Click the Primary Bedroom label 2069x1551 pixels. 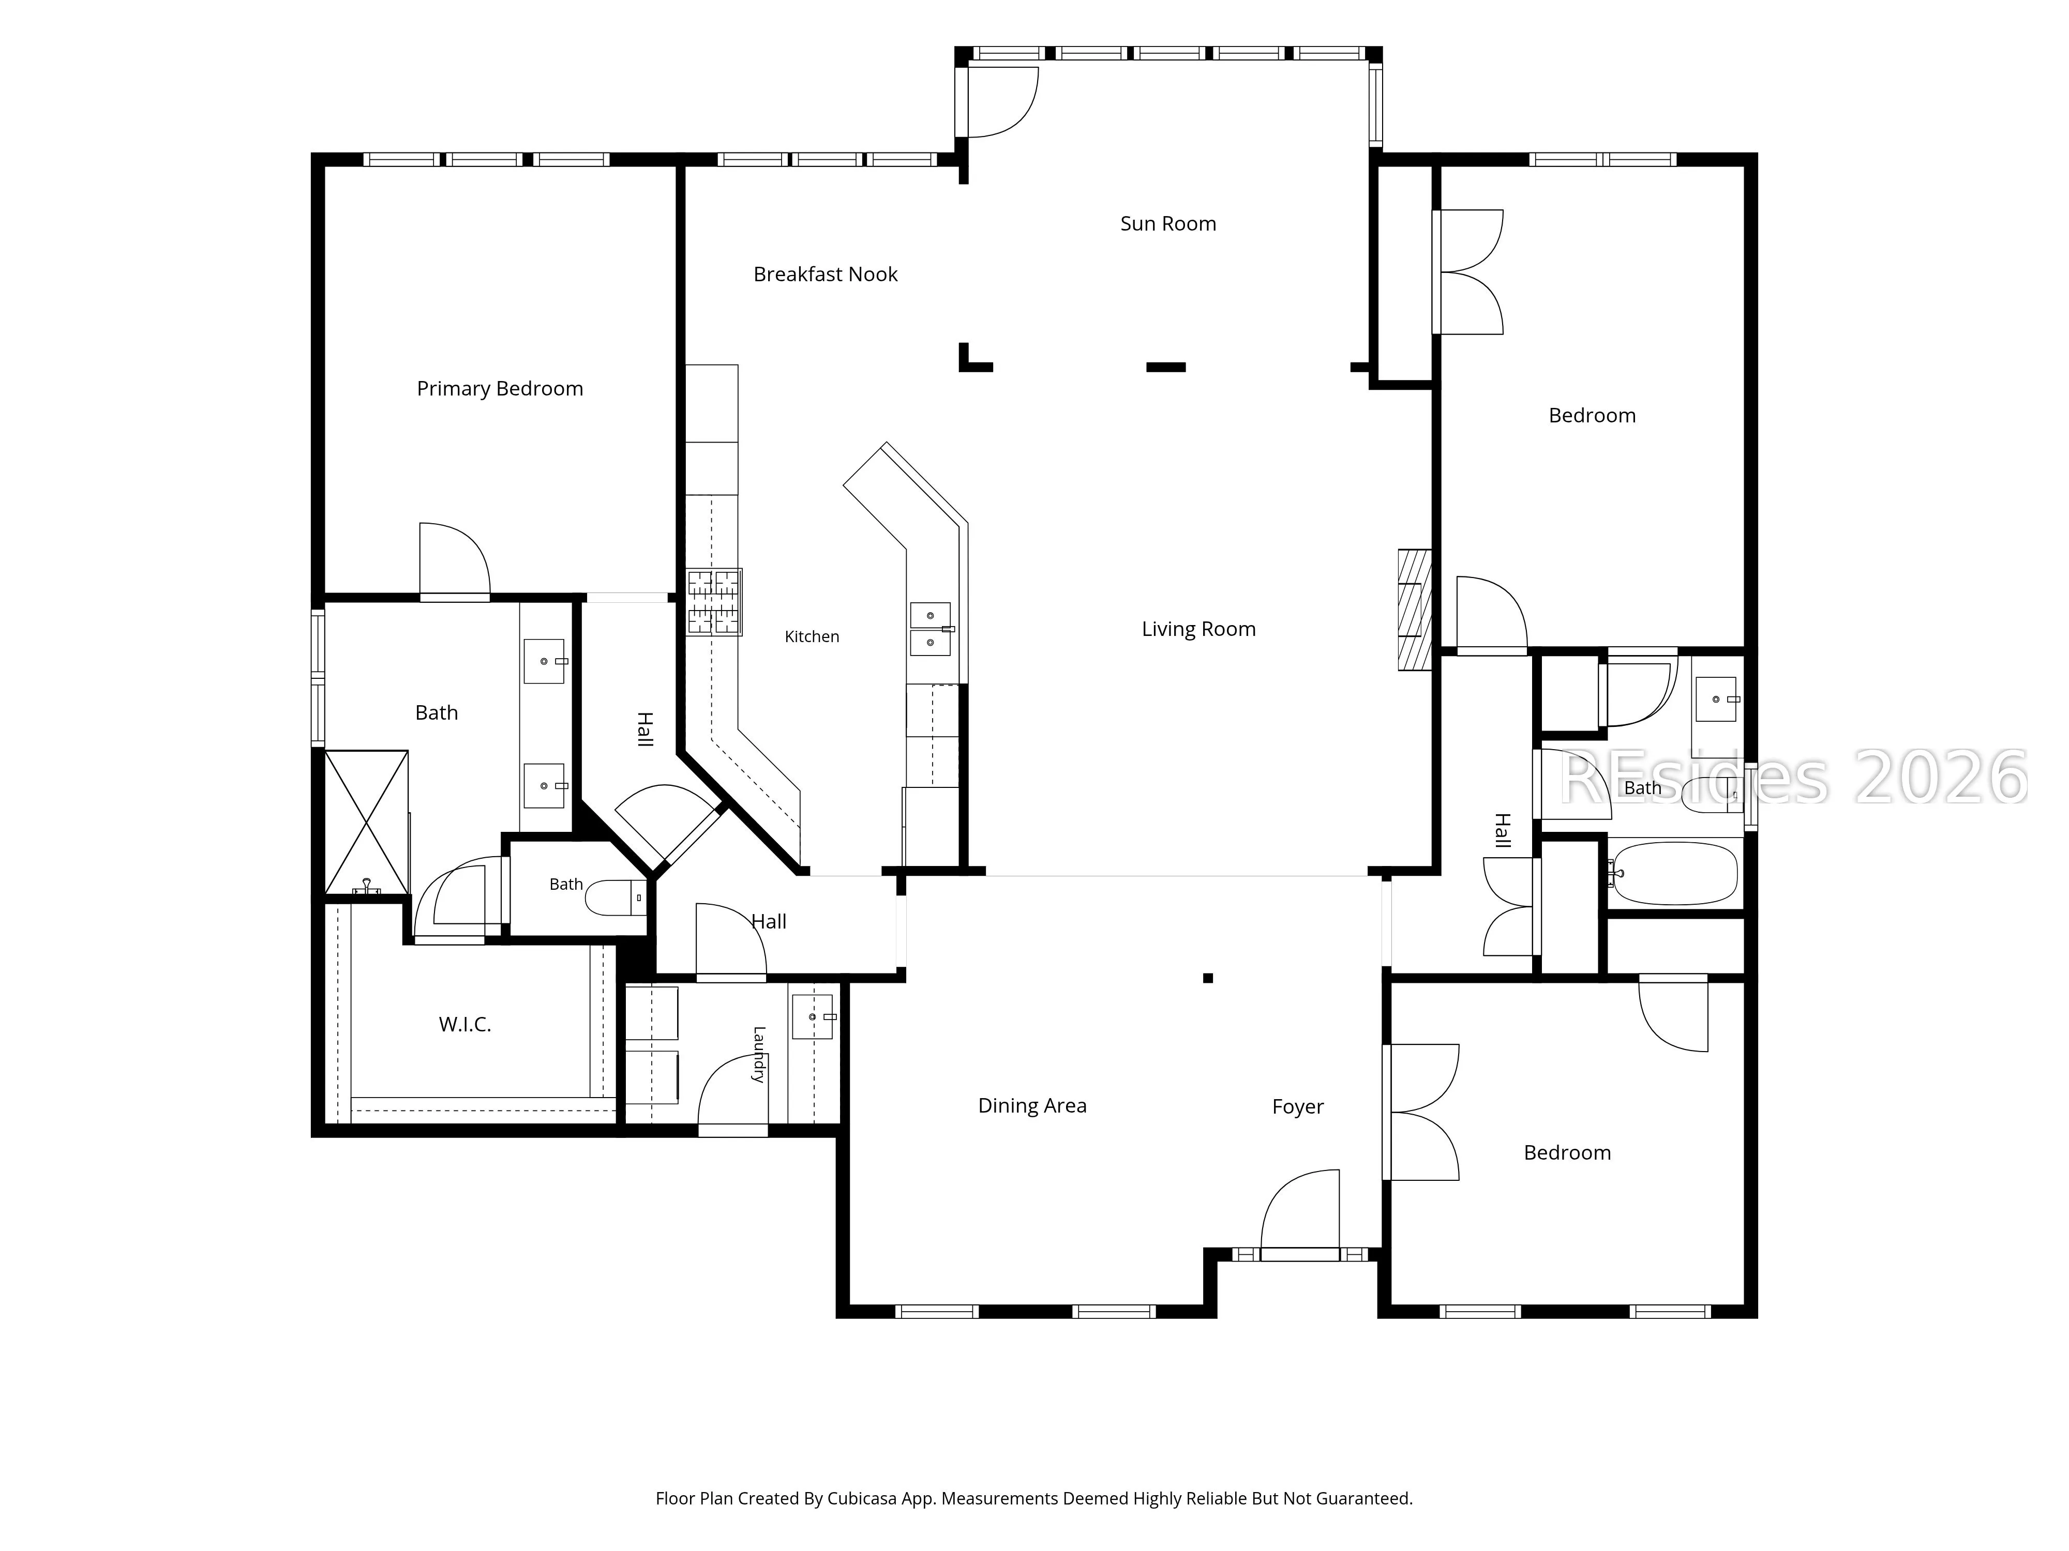tap(500, 389)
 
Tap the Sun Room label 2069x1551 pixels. tap(1168, 223)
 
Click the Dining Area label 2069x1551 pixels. tap(1032, 1106)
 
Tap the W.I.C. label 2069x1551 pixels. tap(465, 1025)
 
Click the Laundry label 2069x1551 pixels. tap(759, 1055)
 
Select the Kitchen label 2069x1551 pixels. tap(812, 636)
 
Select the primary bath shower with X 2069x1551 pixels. tap(367, 822)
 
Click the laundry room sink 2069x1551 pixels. tap(813, 1016)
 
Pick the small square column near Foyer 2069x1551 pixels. tap(1208, 978)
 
